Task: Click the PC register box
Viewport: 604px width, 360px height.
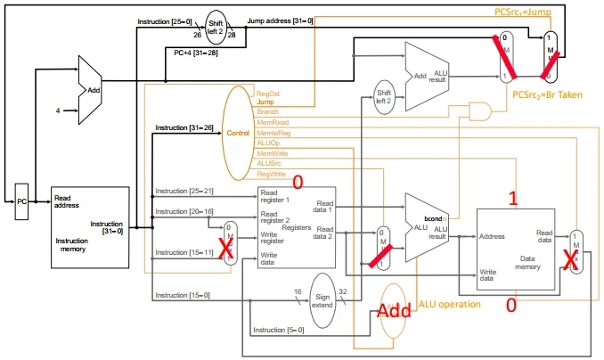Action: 22,201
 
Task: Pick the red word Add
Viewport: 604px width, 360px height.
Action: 394,311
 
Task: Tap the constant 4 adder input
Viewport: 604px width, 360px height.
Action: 59,111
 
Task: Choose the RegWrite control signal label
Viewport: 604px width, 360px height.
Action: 271,174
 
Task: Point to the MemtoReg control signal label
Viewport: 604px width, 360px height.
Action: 272,133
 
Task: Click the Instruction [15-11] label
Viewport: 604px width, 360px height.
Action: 184,253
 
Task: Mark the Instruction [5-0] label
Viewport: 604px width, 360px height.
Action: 278,331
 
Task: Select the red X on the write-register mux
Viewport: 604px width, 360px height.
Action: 227,252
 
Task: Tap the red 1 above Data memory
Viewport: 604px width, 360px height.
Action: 512,197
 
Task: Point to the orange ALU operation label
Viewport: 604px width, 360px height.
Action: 449,306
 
